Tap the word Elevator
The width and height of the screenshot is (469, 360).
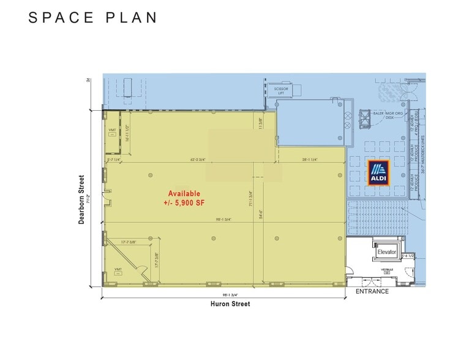point(387,252)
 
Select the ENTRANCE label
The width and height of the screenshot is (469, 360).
point(372,291)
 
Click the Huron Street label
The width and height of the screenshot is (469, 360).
point(230,304)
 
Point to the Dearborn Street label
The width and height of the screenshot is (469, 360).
point(81,200)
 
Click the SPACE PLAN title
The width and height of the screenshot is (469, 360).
point(93,18)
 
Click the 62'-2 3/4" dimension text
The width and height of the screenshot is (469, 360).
point(202,160)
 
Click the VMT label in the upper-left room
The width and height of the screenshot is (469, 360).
point(113,130)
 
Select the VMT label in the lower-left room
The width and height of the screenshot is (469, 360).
point(118,269)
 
